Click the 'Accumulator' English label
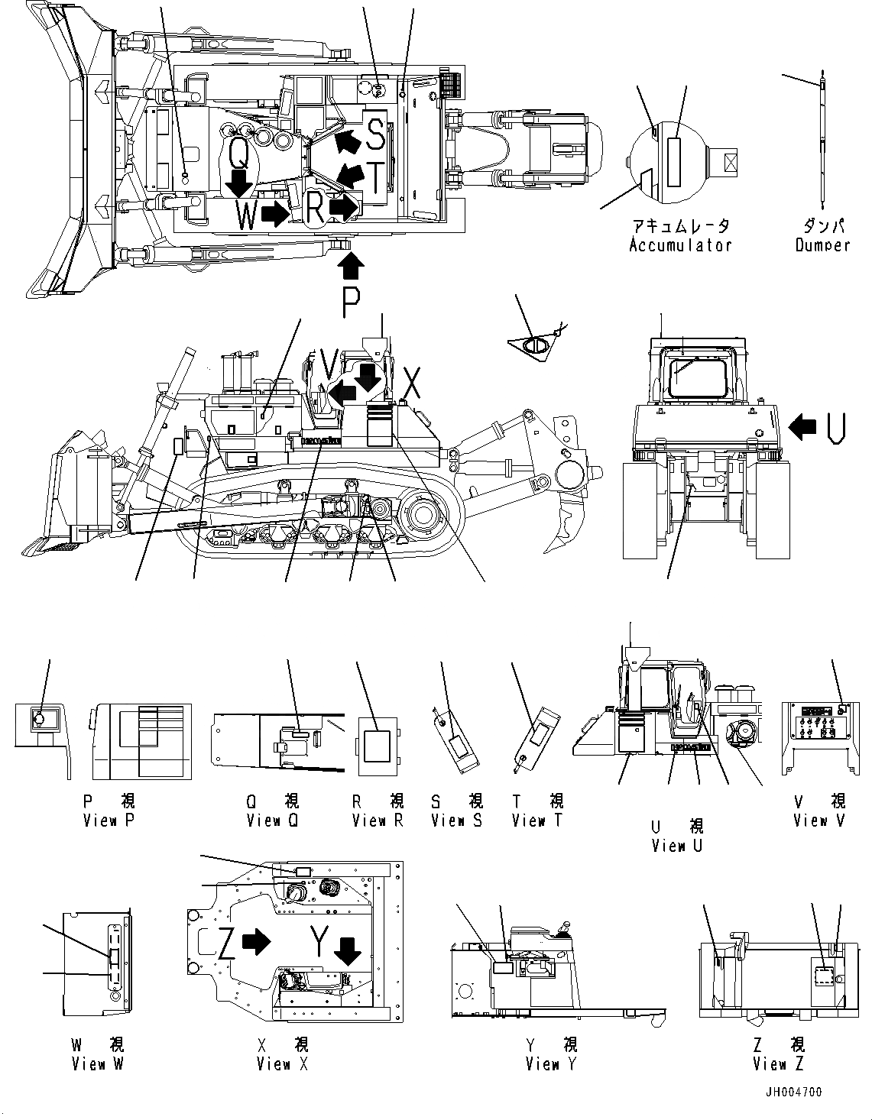coord(680,245)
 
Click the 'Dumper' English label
coord(822,245)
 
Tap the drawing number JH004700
coord(792,1092)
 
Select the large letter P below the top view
coord(351,303)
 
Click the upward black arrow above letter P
coord(351,267)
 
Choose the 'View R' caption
coord(378,821)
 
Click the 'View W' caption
coord(98,1063)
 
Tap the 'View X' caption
coord(282,1063)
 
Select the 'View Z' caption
coord(778,1063)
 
